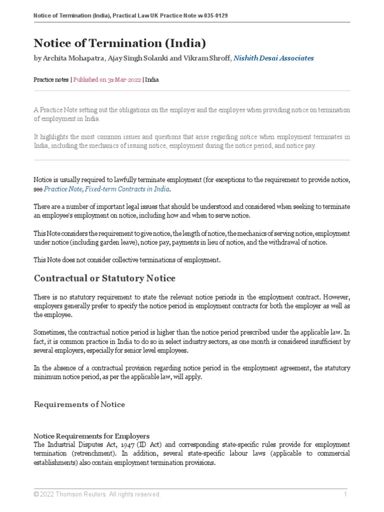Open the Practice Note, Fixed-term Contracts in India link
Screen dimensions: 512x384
click(106, 189)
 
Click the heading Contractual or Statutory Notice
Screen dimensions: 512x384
click(104, 278)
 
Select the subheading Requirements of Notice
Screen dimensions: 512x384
click(79, 404)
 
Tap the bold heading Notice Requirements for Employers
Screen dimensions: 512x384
click(91, 436)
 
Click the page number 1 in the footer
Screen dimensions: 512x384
click(345, 494)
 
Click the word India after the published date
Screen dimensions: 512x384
click(152, 79)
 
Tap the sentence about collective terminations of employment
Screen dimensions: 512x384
click(126, 260)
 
